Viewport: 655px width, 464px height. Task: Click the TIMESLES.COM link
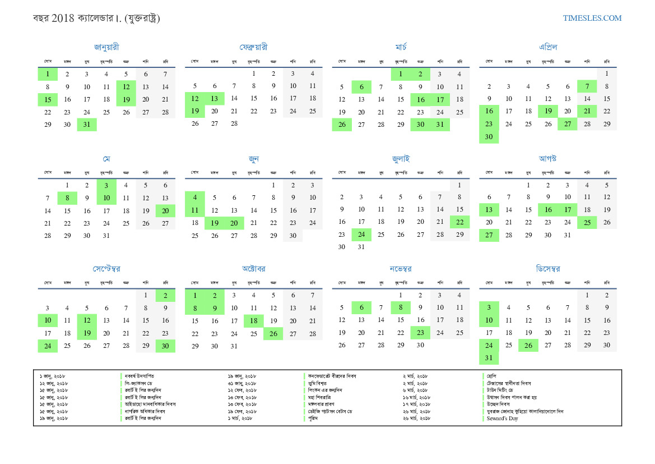[592, 18]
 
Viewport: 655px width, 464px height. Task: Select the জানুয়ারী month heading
[106, 47]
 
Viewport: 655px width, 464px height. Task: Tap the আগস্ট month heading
[547, 159]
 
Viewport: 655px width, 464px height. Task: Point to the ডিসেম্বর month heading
[547, 269]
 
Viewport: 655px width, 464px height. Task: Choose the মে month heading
[106, 159]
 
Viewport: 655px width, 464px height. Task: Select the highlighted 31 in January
[87, 125]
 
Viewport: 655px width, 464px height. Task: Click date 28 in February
[234, 123]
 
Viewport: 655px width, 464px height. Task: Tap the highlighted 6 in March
[361, 87]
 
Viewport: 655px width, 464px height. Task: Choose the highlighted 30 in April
[489, 137]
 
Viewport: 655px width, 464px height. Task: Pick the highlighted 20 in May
[165, 210]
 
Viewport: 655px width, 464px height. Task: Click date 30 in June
[293, 236]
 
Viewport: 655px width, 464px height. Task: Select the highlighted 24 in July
[361, 235]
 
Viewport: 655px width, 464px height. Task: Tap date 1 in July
[459, 185]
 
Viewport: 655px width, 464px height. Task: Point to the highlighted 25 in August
[587, 223]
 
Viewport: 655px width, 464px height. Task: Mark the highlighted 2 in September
[165, 295]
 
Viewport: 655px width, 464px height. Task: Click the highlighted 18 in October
[254, 321]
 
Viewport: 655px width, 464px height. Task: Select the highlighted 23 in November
[420, 333]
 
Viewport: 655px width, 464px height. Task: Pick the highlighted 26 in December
[528, 345]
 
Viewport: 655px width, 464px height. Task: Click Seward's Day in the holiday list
[502, 419]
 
